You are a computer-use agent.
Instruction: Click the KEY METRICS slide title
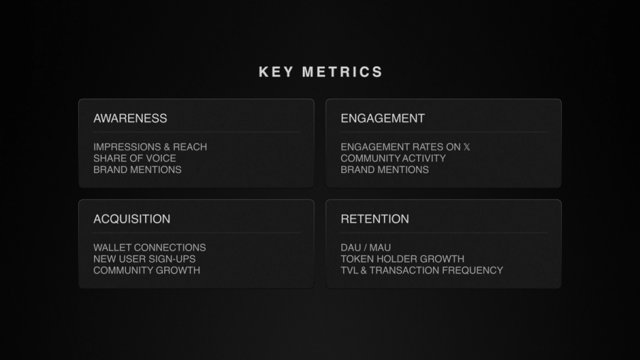(x=321, y=72)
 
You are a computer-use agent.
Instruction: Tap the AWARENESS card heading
(x=130, y=118)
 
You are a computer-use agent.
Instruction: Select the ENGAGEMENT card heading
(x=383, y=118)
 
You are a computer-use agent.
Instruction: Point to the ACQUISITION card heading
(x=132, y=219)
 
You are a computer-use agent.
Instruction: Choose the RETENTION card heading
(x=375, y=219)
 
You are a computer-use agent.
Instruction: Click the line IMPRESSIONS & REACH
(x=150, y=147)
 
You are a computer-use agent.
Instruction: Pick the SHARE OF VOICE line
(x=134, y=158)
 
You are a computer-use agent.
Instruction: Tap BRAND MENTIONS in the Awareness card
(x=137, y=169)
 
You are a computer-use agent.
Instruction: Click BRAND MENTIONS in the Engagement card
(x=385, y=169)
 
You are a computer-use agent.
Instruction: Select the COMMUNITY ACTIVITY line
(x=393, y=158)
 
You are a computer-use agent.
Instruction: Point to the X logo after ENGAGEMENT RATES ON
(x=466, y=147)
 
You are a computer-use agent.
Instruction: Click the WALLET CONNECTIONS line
(x=149, y=248)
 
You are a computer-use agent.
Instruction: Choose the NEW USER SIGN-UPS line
(x=144, y=259)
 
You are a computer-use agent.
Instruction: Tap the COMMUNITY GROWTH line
(x=146, y=270)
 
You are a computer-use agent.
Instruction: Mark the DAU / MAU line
(x=366, y=248)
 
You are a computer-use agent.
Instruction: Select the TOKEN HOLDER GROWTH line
(x=402, y=259)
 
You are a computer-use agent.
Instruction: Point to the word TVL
(x=349, y=270)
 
